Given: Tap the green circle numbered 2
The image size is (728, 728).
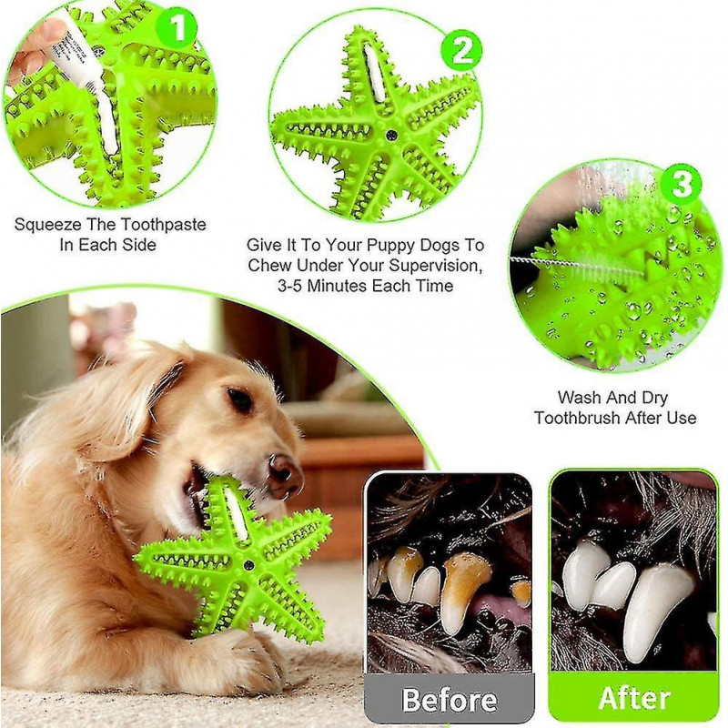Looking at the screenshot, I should pyautogui.click(x=461, y=51).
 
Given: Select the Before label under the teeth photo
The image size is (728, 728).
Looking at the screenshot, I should pyautogui.click(x=450, y=699).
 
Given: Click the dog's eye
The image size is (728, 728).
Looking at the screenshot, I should pyautogui.click(x=240, y=399).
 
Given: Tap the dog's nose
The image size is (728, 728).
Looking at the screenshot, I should pyautogui.click(x=285, y=473).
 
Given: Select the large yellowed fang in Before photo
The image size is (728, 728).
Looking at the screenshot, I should pyautogui.click(x=460, y=591).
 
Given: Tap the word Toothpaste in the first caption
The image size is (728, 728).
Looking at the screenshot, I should pyautogui.click(x=163, y=225).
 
